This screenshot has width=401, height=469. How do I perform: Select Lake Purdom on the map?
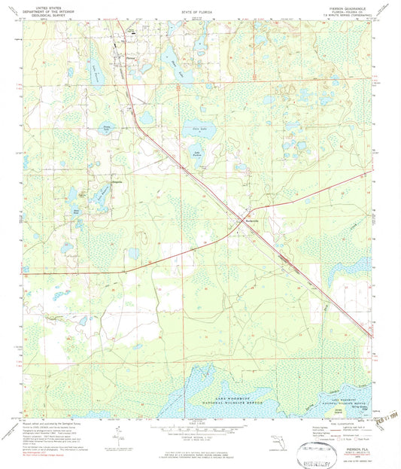point(197,155)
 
